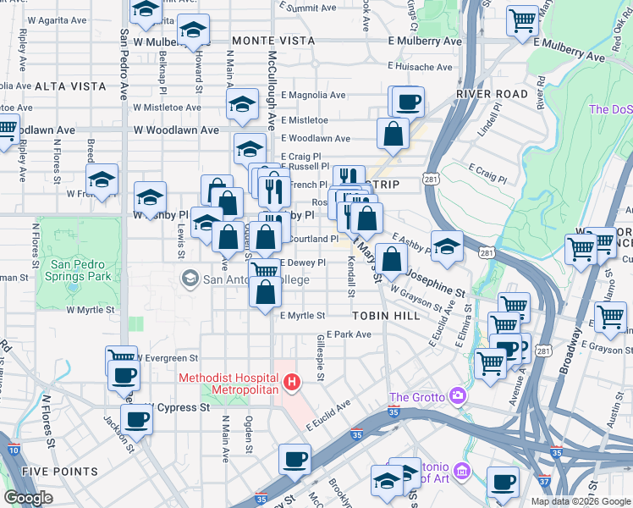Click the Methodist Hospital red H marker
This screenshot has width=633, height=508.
[x=292, y=383]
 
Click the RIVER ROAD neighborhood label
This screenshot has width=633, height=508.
[x=492, y=94]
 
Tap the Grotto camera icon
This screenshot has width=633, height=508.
[x=458, y=395]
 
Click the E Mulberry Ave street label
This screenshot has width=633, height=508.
[x=425, y=41]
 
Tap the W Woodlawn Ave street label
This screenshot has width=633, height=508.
[x=176, y=130]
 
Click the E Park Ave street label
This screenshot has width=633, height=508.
[x=349, y=334]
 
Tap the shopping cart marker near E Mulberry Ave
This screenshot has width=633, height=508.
[x=523, y=19]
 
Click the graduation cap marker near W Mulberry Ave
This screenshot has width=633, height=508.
[x=194, y=30]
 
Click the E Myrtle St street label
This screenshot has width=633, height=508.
[x=302, y=316]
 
